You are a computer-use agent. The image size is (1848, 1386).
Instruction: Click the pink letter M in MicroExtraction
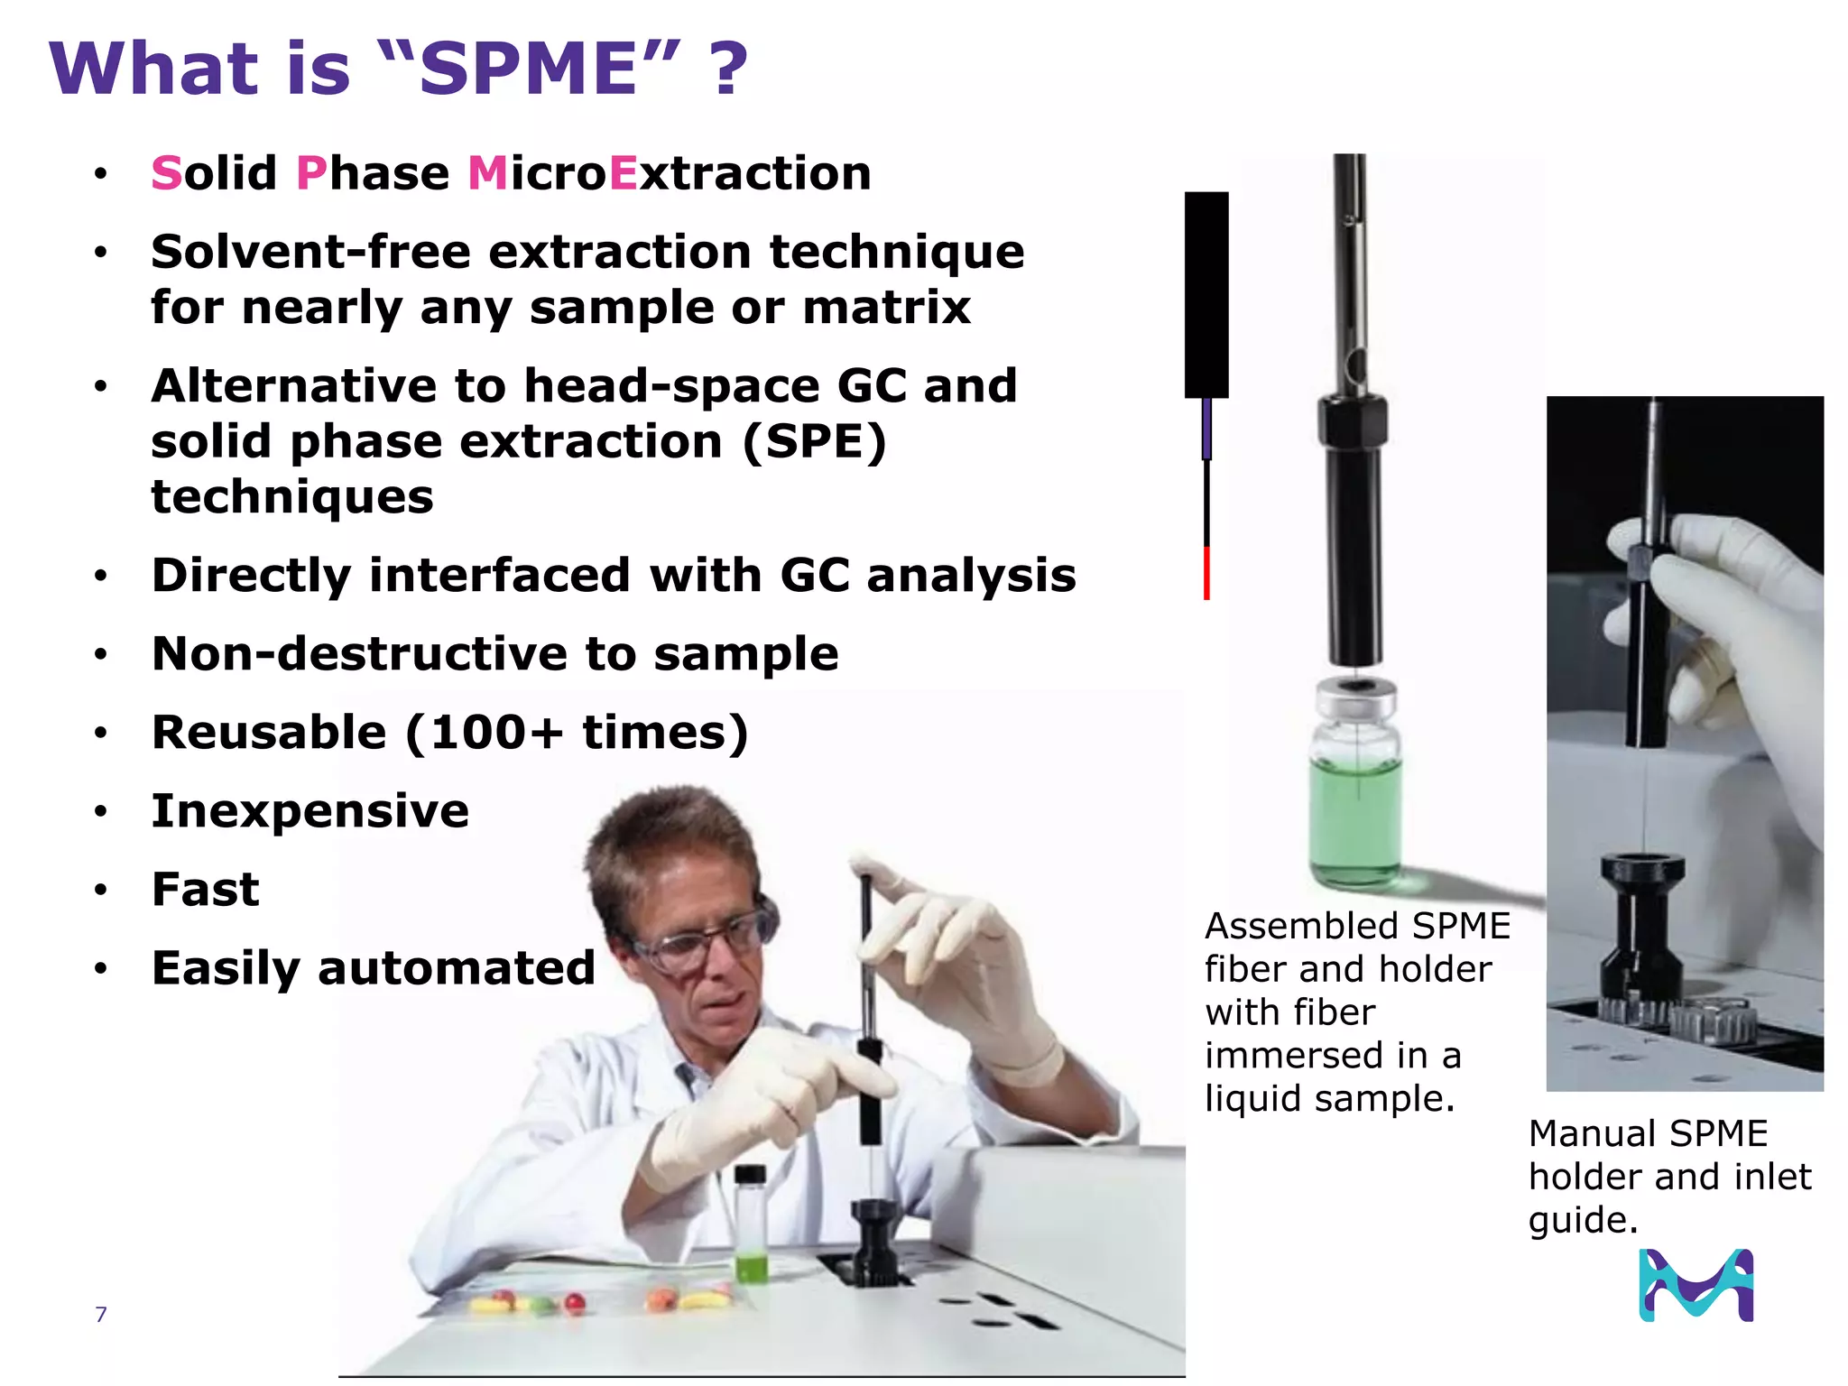tap(488, 173)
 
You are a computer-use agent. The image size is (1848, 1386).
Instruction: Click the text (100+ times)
tap(577, 732)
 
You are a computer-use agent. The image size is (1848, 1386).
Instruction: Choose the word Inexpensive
tap(310, 810)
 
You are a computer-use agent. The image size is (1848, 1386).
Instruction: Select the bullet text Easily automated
tap(373, 968)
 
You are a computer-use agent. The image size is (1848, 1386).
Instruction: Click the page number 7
tap(101, 1315)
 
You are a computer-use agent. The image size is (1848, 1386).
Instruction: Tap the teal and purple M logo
tap(1696, 1285)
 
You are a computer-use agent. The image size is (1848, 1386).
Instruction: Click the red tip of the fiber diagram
tap(1206, 572)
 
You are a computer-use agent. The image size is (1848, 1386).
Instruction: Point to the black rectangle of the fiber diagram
tap(1206, 294)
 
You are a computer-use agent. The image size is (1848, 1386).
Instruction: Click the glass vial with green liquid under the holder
tap(1355, 794)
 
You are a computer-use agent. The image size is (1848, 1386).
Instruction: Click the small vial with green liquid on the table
tap(751, 1227)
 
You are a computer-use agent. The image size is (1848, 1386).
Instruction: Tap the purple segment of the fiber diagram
tap(1206, 430)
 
